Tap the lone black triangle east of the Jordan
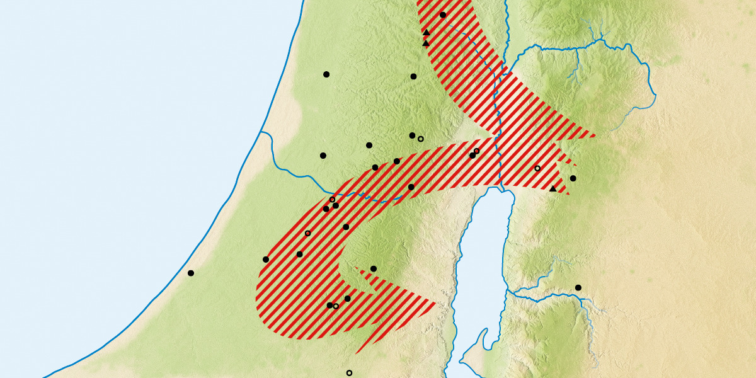pyautogui.click(x=553, y=188)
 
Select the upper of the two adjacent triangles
pyautogui.click(x=427, y=32)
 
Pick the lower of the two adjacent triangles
pyautogui.click(x=426, y=43)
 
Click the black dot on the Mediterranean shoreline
pyautogui.click(x=191, y=273)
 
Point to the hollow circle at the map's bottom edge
pyautogui.click(x=349, y=373)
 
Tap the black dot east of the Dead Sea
pyautogui.click(x=578, y=288)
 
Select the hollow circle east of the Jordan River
pyautogui.click(x=537, y=168)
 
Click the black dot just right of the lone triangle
pyautogui.click(x=573, y=178)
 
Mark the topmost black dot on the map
pyautogui.click(x=443, y=14)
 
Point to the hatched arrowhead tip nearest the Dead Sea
pyautogui.click(x=437, y=304)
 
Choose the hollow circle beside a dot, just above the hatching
pyautogui.click(x=421, y=139)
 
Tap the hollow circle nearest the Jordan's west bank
pyautogui.click(x=477, y=151)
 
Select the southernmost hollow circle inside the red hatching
pyautogui.click(x=336, y=306)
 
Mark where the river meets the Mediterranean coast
pyautogui.click(x=261, y=132)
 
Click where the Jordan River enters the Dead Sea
pyautogui.click(x=501, y=188)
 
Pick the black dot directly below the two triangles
pyautogui.click(x=413, y=76)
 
